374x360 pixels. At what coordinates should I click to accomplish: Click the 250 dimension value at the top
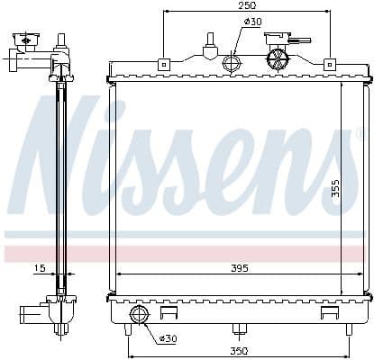(246, 6)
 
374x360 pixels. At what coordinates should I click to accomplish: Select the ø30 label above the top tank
(252, 22)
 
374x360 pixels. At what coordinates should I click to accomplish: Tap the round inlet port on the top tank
(232, 63)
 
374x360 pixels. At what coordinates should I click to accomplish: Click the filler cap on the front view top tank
(278, 57)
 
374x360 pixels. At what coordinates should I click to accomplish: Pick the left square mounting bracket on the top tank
(163, 64)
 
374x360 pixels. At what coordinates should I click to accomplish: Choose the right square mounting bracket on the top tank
(329, 64)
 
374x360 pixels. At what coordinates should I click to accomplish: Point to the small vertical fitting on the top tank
(210, 43)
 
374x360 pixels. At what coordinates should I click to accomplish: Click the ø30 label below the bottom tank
(167, 338)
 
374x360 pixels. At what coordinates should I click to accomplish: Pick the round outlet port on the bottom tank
(140, 314)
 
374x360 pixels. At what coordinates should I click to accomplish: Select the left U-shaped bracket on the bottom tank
(169, 313)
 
